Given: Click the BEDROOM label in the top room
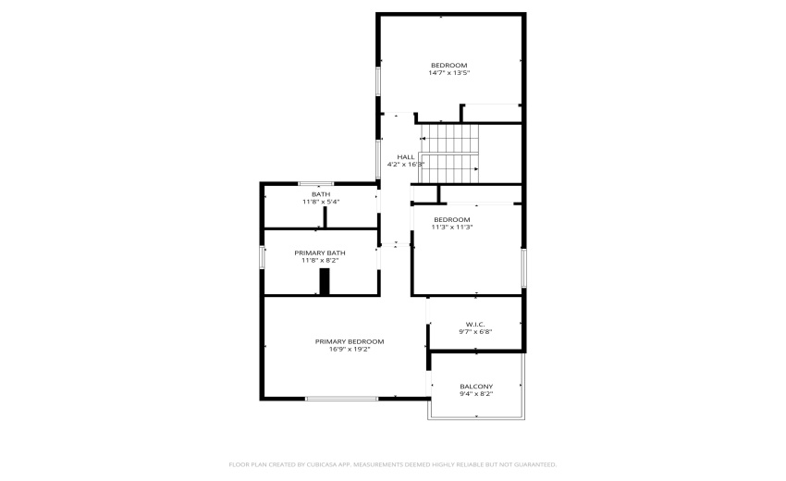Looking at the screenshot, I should pos(449,65).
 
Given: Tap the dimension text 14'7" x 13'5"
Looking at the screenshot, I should pos(449,72).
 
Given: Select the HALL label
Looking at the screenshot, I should pos(405,156).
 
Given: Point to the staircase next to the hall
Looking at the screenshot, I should pos(450,154).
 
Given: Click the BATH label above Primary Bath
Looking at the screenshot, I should pos(321,194).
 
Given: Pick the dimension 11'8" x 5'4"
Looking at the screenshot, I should pos(321,202).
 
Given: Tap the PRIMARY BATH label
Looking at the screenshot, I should pos(321,253).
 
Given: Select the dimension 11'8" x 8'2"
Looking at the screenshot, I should pos(321,261).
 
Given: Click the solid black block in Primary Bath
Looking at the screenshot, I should pos(325,282).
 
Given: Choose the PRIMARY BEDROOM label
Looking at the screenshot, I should pos(349,341).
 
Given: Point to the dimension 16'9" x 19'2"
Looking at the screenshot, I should pos(349,350).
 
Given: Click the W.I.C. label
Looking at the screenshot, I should pos(475,324).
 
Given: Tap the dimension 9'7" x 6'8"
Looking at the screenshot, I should pos(475,331).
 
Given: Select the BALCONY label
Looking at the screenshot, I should pos(476,386).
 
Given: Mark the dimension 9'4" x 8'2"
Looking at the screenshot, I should pos(476,394).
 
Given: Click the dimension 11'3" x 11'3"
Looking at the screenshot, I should pos(453,227).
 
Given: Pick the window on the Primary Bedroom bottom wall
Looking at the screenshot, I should pos(342,399).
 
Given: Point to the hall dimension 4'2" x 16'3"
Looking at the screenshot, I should pos(405,165).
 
